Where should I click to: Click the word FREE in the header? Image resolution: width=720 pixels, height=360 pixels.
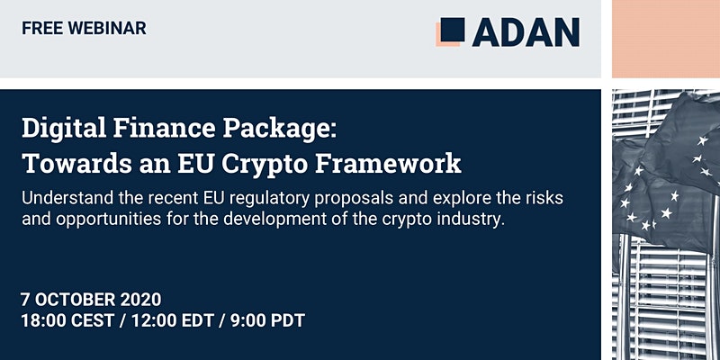(x=42, y=29)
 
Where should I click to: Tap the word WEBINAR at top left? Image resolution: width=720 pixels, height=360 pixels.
(x=107, y=29)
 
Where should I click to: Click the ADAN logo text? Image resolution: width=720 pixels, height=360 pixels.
(x=526, y=32)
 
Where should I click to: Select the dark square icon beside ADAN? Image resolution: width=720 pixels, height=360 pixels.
(x=453, y=30)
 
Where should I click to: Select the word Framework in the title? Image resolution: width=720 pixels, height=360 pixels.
(x=389, y=164)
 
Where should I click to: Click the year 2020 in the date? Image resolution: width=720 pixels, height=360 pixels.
(x=141, y=300)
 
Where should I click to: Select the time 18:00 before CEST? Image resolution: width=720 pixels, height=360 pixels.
(x=43, y=321)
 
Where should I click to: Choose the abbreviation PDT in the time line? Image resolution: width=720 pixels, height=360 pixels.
(x=287, y=321)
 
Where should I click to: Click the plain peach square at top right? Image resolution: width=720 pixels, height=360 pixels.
(x=666, y=39)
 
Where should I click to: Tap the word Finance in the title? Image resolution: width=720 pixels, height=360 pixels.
(x=165, y=129)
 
